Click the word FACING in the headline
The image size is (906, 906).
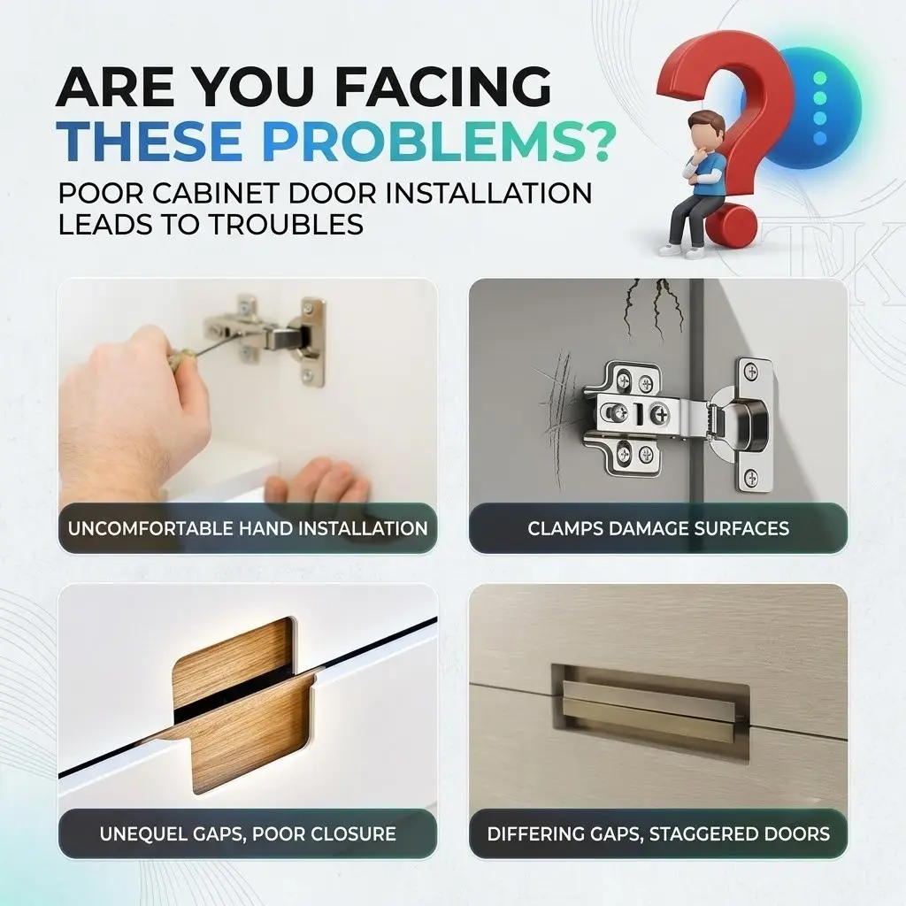(443, 87)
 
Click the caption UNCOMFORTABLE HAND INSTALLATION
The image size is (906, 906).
(248, 528)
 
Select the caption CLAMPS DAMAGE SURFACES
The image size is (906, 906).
(658, 528)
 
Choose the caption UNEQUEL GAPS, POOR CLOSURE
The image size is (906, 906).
(248, 833)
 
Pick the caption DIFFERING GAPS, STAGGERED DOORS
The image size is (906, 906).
(658, 833)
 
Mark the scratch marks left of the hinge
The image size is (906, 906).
(557, 416)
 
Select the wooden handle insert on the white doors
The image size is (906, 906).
(242, 705)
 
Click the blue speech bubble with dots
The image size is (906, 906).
(820, 107)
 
